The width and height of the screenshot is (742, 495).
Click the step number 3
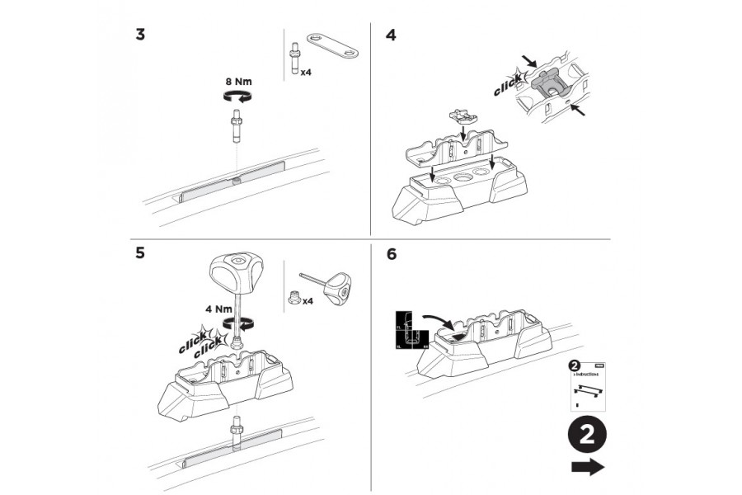tap(141, 35)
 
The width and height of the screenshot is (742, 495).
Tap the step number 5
tap(142, 253)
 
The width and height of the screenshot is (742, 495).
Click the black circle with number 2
tap(586, 435)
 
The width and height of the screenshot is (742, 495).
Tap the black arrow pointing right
tap(586, 468)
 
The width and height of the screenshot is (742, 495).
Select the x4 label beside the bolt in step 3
tap(305, 73)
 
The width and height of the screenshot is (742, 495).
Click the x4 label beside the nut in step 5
tap(308, 301)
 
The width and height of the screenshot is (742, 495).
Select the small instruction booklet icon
tap(587, 386)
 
